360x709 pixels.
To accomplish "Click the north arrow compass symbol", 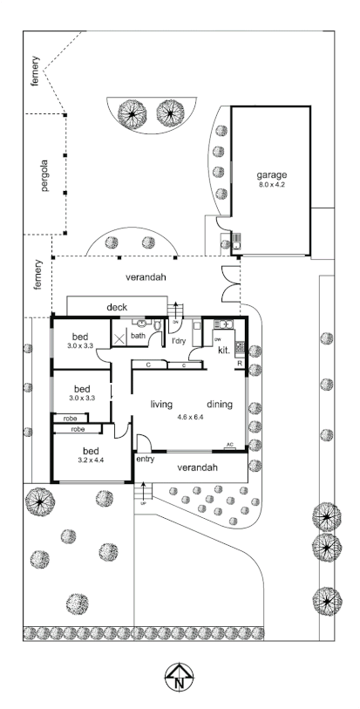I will coord(180,676).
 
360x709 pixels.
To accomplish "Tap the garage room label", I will coord(269,174).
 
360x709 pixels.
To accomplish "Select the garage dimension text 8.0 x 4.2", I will coord(269,185).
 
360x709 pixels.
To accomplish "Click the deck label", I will coord(118,307).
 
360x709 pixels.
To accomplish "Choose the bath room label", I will coord(138,335).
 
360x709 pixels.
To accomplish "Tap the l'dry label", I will coord(180,341).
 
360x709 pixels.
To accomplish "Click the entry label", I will coord(144,459).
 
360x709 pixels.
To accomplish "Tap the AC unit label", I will coord(229,444).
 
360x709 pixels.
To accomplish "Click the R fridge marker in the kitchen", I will coord(239,365).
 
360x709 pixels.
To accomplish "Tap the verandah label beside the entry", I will coord(197,468).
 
